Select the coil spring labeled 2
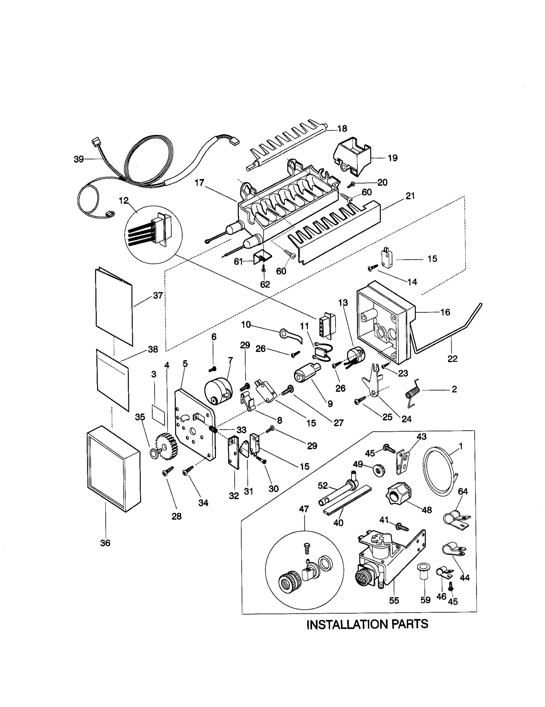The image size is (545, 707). [412, 393]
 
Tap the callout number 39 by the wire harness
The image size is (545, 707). [79, 159]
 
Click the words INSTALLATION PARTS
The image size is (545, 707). [367, 624]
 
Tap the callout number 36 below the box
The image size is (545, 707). [105, 543]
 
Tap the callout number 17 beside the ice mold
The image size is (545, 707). [199, 183]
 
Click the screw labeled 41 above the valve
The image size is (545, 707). [402, 527]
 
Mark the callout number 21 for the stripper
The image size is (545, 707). [410, 196]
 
